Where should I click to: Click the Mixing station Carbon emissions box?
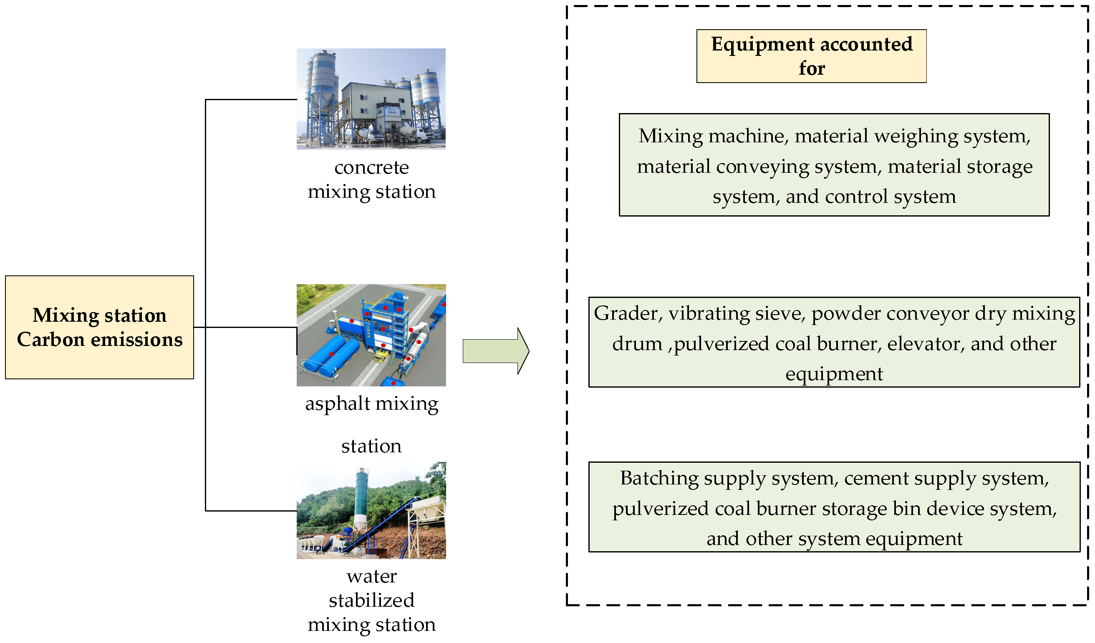point(99,327)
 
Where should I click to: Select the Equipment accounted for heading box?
point(811,56)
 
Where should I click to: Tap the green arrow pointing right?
point(496,350)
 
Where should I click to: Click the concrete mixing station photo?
point(371,99)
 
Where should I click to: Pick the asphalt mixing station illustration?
point(371,335)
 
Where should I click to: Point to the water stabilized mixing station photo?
point(371,510)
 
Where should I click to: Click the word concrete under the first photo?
point(371,168)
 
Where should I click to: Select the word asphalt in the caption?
point(337,404)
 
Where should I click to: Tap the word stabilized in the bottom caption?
point(371,601)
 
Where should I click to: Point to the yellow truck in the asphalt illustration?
point(381,356)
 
